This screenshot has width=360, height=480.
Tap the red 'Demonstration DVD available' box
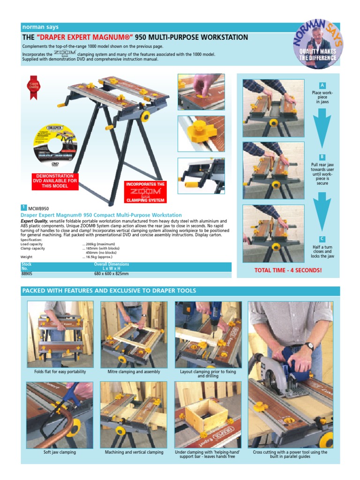click(53, 181)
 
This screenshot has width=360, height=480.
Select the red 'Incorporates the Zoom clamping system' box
click(145, 192)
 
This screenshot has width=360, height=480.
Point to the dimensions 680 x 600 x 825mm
click(112, 273)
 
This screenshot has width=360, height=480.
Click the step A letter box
click(322, 85)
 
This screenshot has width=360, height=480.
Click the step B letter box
click(322, 157)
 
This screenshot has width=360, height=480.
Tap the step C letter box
click(322, 239)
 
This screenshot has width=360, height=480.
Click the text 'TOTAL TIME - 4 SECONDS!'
click(288, 270)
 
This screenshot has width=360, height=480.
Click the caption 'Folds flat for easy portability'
click(60, 372)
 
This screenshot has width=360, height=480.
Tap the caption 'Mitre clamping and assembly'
click(134, 372)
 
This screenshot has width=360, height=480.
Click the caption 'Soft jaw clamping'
click(60, 452)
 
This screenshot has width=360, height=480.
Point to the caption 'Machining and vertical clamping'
click(134, 452)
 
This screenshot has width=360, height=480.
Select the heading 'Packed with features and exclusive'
click(109, 291)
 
